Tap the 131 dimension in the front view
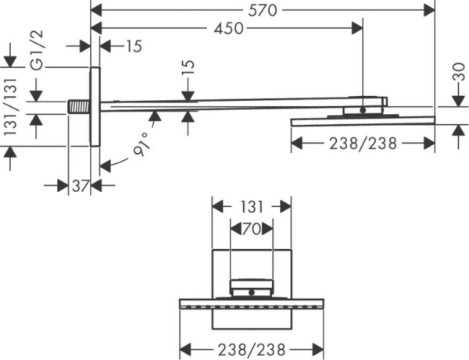(252, 207)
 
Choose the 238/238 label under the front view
(252, 348)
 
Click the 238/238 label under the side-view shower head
(363, 143)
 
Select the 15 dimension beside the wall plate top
(131, 46)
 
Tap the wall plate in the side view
(95, 106)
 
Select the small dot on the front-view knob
(252, 294)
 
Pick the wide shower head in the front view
(252, 304)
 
